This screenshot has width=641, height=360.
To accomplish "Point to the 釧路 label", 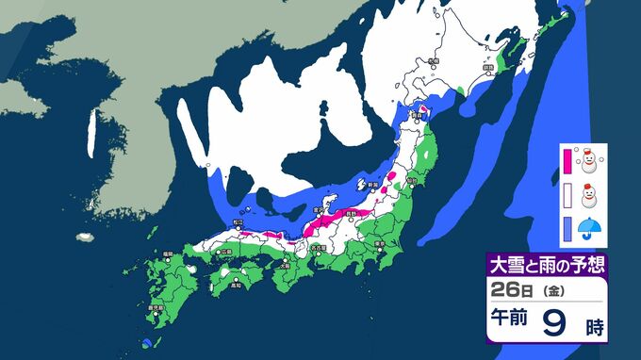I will click(x=488, y=68).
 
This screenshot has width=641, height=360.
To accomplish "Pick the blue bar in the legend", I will click(x=567, y=227).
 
